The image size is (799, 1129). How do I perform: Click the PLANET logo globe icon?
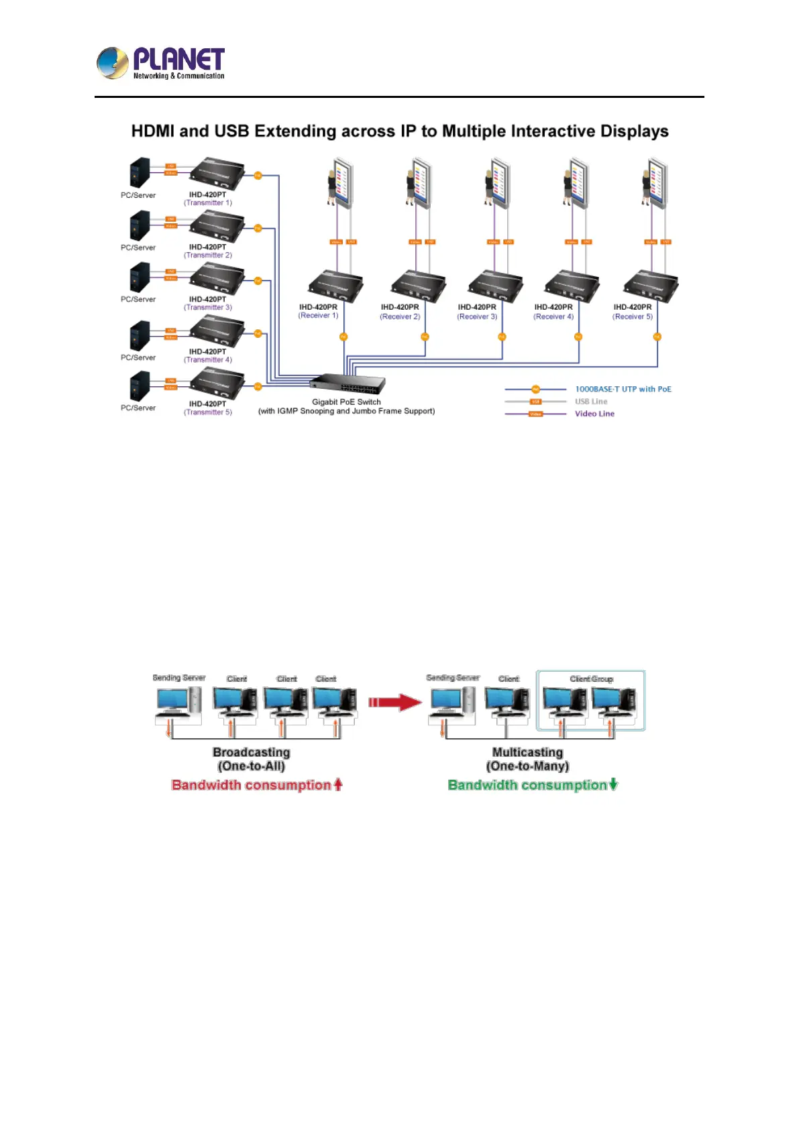tap(112, 64)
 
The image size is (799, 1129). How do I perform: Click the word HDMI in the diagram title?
tap(152, 131)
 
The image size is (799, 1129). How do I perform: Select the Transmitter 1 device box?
tap(217, 174)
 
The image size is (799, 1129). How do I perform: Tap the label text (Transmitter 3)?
tap(208, 308)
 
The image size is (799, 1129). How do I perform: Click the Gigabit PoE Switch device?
tap(348, 384)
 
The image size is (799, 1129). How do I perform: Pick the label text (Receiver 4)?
tap(553, 316)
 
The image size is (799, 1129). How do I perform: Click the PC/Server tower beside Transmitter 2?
tap(140, 227)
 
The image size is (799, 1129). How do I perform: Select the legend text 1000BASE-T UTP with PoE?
tap(623, 390)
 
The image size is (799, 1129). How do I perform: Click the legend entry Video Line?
tap(594, 414)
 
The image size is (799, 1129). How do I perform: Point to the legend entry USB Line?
tap(591, 402)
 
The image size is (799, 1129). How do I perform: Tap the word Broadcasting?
tap(252, 752)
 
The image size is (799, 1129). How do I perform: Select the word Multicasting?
tap(527, 752)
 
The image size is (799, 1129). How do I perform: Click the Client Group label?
tap(591, 679)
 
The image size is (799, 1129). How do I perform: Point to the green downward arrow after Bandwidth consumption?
tap(613, 784)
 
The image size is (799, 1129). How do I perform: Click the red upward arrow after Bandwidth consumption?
tap(338, 784)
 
